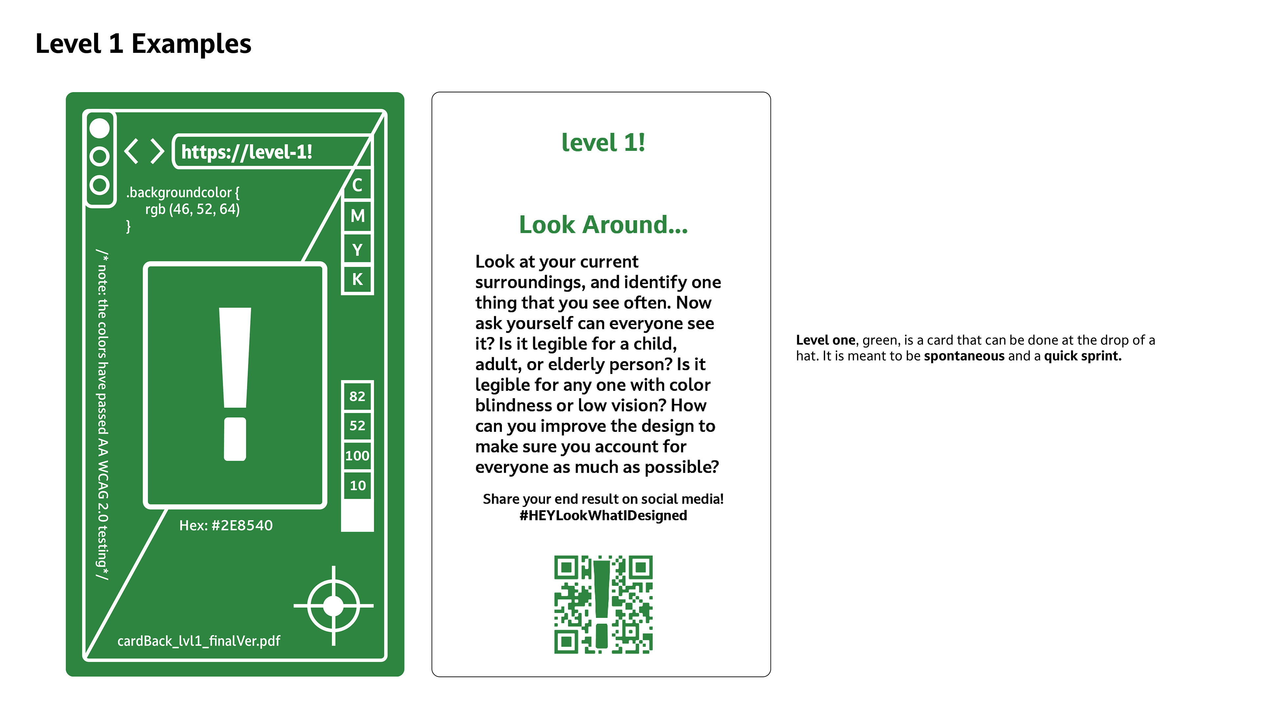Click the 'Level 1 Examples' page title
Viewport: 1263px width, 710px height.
click(x=143, y=44)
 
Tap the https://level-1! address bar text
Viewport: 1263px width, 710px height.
click(x=247, y=152)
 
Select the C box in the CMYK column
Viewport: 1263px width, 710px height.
click(x=358, y=185)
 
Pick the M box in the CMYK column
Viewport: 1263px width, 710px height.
click(x=358, y=216)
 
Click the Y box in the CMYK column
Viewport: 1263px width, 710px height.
click(x=358, y=250)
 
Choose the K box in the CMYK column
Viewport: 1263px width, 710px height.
click(x=358, y=279)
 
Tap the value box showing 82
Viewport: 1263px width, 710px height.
click(x=358, y=396)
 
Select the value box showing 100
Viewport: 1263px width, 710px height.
click(x=358, y=456)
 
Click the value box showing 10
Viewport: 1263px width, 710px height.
click(x=358, y=485)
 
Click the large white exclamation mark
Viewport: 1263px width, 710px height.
click(x=235, y=384)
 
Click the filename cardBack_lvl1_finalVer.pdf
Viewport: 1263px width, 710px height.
click(x=199, y=641)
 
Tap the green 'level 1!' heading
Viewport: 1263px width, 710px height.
click(x=603, y=143)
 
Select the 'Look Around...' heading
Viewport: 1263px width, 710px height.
click(x=603, y=225)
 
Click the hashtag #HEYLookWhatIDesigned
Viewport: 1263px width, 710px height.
click(x=603, y=515)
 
